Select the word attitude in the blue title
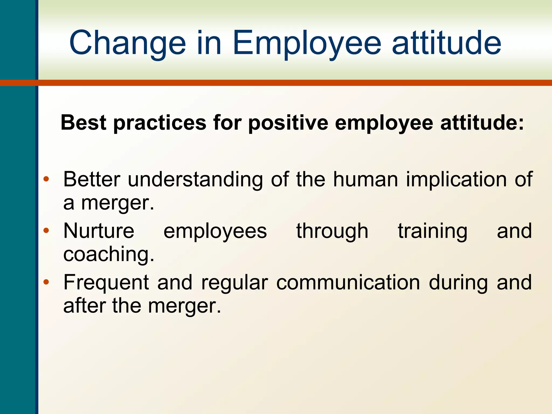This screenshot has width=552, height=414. pyautogui.click(x=446, y=43)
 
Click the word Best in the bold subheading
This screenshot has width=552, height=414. pyautogui.click(x=84, y=123)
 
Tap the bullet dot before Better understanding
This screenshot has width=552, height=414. pyautogui.click(x=46, y=179)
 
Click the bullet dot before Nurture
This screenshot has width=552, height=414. pyautogui.click(x=46, y=230)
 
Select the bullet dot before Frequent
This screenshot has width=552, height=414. pyautogui.click(x=46, y=282)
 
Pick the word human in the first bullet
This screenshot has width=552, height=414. pyautogui.click(x=365, y=179)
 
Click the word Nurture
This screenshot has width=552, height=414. pyautogui.click(x=99, y=231)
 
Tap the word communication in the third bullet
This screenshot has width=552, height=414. pyautogui.click(x=348, y=282)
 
